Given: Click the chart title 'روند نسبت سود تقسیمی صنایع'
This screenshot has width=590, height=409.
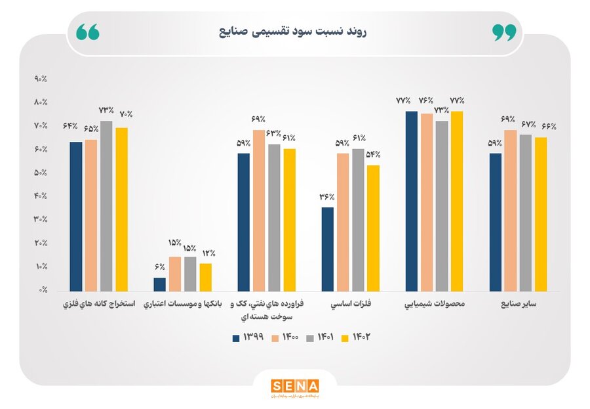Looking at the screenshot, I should [x=292, y=31].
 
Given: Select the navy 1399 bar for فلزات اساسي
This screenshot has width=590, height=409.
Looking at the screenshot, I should [x=328, y=249].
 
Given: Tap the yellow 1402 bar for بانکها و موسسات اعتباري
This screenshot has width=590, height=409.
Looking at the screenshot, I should [x=206, y=276].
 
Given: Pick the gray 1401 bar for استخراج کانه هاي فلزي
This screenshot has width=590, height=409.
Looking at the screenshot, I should [x=106, y=205].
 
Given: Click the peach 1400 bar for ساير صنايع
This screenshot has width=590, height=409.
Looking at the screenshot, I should [x=510, y=210].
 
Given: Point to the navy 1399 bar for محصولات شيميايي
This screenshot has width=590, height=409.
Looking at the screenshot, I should [x=412, y=201].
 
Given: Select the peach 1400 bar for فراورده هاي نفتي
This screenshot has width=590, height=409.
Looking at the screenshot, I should [x=259, y=210].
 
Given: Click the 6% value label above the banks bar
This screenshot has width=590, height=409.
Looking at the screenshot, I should [x=160, y=267].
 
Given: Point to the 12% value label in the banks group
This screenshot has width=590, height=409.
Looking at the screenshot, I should [x=208, y=253].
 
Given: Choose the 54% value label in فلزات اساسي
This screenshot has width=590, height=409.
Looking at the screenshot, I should [x=373, y=155].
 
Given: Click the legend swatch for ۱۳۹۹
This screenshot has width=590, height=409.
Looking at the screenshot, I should [x=236, y=338].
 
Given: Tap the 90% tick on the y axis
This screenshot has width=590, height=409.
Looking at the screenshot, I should [x=41, y=79].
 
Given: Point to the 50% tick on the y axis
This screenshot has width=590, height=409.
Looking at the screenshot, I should [x=41, y=173].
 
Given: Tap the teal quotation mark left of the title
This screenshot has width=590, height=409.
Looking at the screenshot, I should [x=88, y=32].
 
